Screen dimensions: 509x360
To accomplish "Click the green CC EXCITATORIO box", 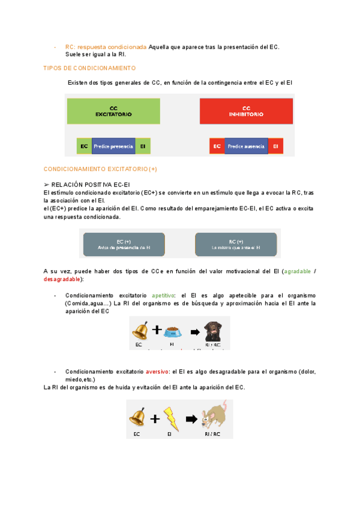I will pyautogui.click(x=113, y=111).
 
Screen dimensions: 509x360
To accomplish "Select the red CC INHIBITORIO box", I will pyautogui.click(x=246, y=111).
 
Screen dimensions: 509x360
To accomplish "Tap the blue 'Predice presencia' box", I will pyautogui.click(x=113, y=146).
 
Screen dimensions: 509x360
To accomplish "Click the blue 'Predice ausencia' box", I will pyautogui.click(x=246, y=146).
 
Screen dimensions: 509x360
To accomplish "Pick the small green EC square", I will pyautogui.click(x=84, y=146).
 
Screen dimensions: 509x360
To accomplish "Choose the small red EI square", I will pyautogui.click(x=275, y=146).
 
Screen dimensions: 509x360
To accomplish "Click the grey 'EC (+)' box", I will pyautogui.click(x=124, y=244).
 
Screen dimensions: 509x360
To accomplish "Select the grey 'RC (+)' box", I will pyautogui.click(x=236, y=244).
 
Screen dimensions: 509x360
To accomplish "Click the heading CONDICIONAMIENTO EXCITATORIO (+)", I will pyautogui.click(x=100, y=169).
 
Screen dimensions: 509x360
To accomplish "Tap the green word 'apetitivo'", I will pyautogui.click(x=163, y=296).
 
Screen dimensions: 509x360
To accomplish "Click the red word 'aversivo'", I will pyautogui.click(x=157, y=372).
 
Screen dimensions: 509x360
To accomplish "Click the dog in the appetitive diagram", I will pyautogui.click(x=214, y=331).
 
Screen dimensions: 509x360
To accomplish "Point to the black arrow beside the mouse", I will pyautogui.click(x=191, y=418).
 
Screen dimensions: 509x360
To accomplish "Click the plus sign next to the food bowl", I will pyautogui.click(x=157, y=330).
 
